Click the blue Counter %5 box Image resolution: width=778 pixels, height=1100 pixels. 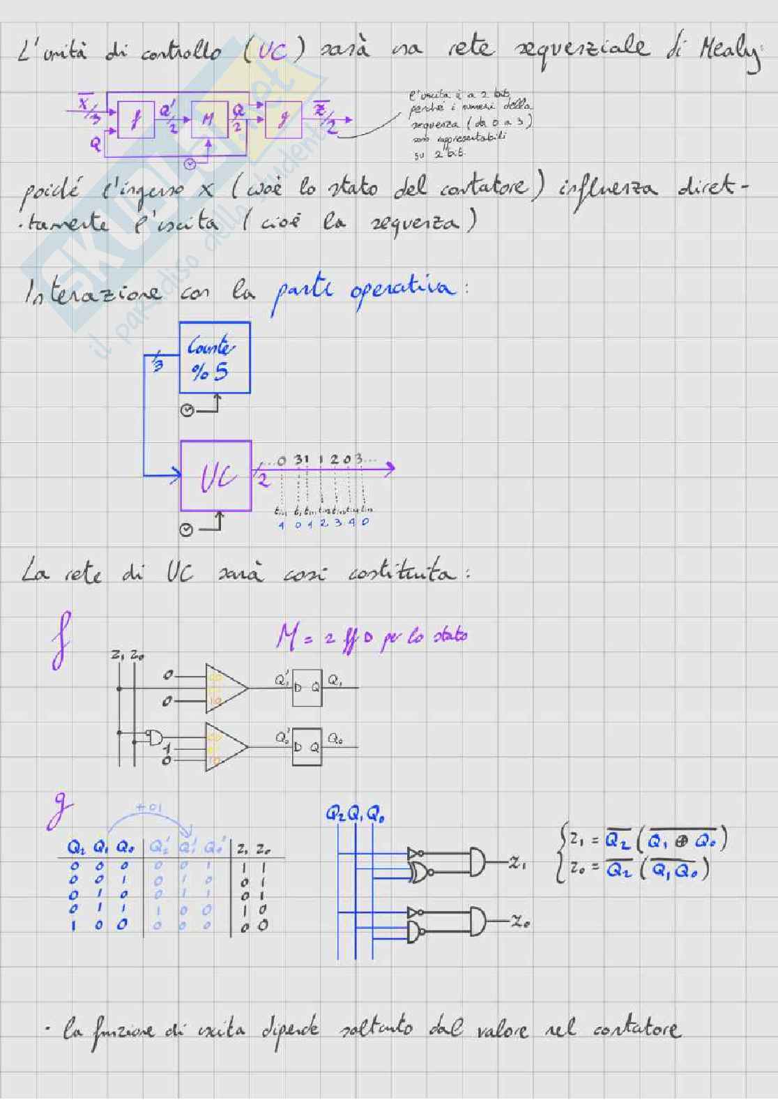pyautogui.click(x=214, y=358)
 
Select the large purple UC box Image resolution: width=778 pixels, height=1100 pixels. pyautogui.click(x=215, y=476)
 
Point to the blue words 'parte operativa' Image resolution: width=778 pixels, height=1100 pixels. pyautogui.click(x=362, y=292)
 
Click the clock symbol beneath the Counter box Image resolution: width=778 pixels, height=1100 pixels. pyautogui.click(x=187, y=410)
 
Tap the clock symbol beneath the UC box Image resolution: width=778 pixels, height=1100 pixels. pyautogui.click(x=186, y=531)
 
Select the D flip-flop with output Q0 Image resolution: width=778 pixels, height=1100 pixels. pyautogui.click(x=307, y=746)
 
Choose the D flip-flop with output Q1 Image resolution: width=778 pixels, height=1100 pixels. pyautogui.click(x=307, y=688)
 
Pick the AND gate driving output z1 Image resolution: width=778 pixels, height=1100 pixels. pyautogui.click(x=480, y=862)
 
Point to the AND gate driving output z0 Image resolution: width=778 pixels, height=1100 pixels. pyautogui.click(x=480, y=921)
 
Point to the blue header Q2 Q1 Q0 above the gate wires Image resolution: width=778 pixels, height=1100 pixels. pyautogui.click(x=355, y=814)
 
